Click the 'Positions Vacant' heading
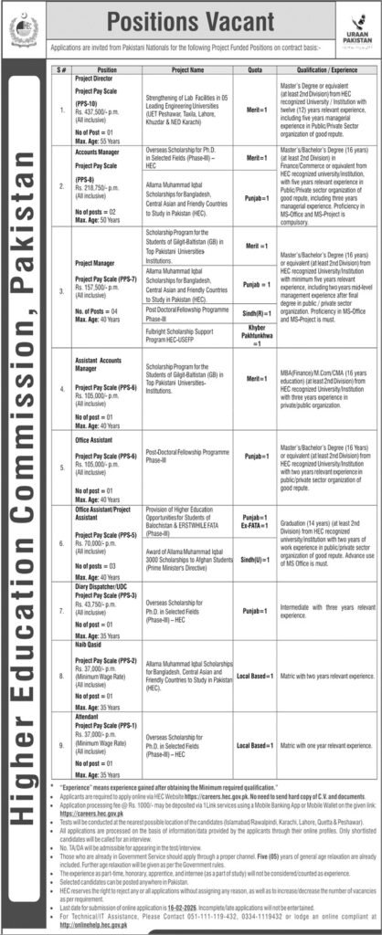coord(191,18)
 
